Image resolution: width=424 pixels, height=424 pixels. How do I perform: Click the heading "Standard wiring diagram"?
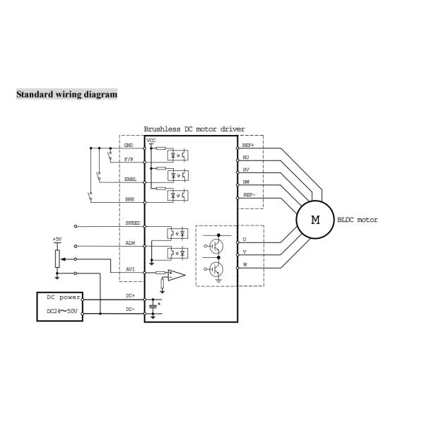tap(67, 95)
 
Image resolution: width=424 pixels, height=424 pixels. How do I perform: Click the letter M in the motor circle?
tap(315, 220)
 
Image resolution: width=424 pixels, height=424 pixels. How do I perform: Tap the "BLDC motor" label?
tap(358, 220)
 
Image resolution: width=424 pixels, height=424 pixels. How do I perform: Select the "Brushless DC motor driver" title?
tap(194, 129)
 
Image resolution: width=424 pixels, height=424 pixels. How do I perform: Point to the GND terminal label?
tap(129, 145)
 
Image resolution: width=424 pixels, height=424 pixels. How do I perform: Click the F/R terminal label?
tap(129, 159)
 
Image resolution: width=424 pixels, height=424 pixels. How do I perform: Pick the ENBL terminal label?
tap(130, 179)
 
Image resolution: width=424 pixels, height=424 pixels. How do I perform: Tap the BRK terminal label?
tap(130, 199)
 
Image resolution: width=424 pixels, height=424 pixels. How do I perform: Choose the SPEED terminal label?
tap(133, 223)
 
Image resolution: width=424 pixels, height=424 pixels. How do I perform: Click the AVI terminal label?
tap(130, 269)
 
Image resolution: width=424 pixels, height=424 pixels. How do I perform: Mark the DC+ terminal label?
tap(130, 296)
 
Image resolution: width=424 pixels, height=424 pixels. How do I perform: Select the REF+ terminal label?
tap(248, 145)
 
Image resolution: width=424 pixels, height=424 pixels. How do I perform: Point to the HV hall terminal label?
tap(246, 170)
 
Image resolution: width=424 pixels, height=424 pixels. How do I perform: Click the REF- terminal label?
tap(249, 195)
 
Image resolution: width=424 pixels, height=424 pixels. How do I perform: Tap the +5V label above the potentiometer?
tap(57, 240)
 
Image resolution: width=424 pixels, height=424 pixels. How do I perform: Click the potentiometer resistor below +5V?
tap(57, 259)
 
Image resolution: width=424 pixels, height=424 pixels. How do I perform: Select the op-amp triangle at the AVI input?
tap(177, 276)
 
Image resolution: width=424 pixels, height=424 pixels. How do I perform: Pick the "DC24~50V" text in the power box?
tap(62, 311)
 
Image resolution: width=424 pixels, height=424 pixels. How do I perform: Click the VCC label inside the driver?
tap(151, 141)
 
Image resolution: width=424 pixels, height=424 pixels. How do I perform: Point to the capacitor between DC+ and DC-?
tap(153, 307)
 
